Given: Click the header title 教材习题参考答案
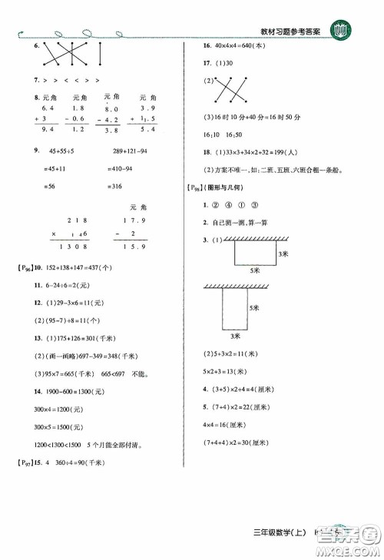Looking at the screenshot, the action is point(294,31).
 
